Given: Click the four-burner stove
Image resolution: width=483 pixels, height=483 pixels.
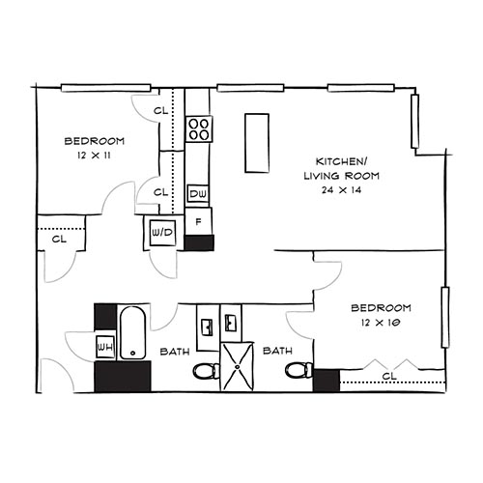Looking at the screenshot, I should pyautogui.click(x=198, y=128).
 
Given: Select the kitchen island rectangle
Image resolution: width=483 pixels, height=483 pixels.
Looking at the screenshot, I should pyautogui.click(x=256, y=143).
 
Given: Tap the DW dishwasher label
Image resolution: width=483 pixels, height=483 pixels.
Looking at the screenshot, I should pyautogui.click(x=197, y=194).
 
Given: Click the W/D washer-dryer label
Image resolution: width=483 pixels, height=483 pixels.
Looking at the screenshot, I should pyautogui.click(x=160, y=232).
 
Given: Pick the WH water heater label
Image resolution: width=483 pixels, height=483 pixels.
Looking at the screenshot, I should pyautogui.click(x=104, y=345).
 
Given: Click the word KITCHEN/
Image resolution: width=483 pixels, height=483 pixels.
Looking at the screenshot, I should pyautogui.click(x=341, y=160).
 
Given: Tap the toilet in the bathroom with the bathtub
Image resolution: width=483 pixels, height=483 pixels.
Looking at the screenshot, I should pyautogui.click(x=205, y=370).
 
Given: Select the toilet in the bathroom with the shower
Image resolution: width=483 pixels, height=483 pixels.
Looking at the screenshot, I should pyautogui.click(x=299, y=370).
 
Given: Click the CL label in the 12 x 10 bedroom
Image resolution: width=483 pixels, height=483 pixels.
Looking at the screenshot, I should pyautogui.click(x=389, y=375).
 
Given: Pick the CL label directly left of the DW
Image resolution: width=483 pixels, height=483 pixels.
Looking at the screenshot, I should pyautogui.click(x=161, y=192).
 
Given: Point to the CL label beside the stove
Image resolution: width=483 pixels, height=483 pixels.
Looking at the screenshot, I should pyautogui.click(x=161, y=110).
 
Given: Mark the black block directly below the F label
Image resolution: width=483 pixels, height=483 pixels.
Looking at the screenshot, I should pyautogui.click(x=198, y=242).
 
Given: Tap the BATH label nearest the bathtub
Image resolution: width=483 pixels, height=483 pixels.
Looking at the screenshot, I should pyautogui.click(x=174, y=351).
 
